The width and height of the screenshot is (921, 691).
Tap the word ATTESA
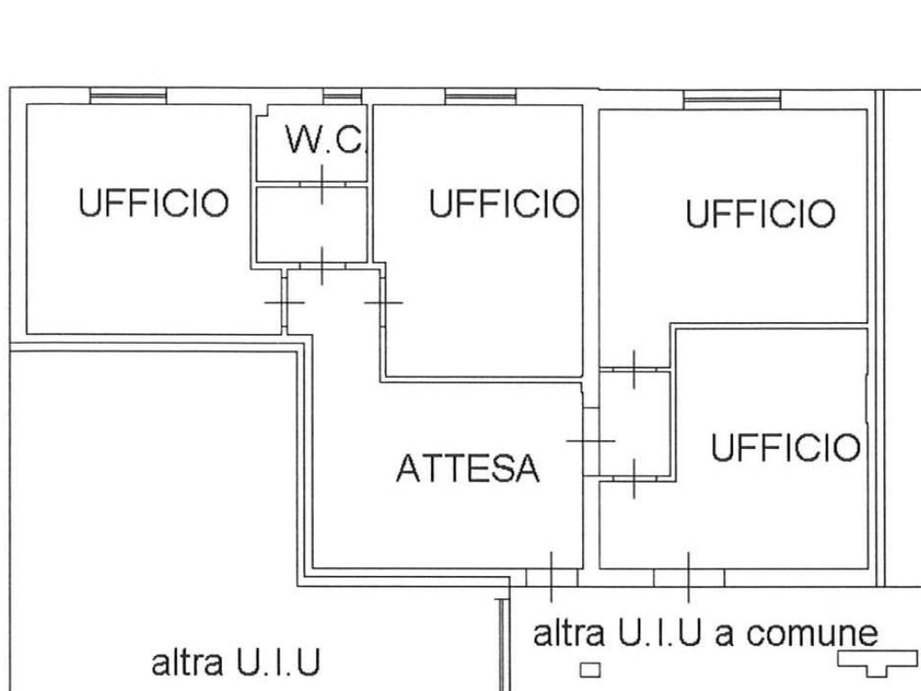click(x=468, y=468)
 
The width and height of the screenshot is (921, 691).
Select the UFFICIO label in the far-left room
click(x=153, y=202)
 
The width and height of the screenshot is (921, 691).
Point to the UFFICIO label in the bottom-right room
click(x=785, y=447)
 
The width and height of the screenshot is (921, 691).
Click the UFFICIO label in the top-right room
click(x=760, y=214)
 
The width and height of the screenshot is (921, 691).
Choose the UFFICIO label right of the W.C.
click(x=504, y=204)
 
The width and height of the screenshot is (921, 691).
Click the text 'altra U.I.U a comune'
click(x=705, y=633)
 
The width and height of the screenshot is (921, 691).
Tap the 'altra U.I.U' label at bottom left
click(x=236, y=664)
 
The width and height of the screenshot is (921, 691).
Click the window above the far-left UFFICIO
click(x=129, y=95)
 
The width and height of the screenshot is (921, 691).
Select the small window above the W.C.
click(x=342, y=95)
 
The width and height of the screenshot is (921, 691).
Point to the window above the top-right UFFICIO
click(x=731, y=99)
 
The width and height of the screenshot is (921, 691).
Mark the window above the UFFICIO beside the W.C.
click(x=480, y=95)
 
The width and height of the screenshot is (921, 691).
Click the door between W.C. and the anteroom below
click(x=322, y=184)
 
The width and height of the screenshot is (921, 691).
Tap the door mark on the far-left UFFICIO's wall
click(x=284, y=302)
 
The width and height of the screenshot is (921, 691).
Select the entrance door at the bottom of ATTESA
click(x=551, y=576)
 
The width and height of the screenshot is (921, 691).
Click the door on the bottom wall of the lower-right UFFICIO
click(x=689, y=576)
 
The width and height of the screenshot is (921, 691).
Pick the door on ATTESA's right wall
click(x=590, y=441)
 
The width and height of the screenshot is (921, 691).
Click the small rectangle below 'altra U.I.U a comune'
click(x=589, y=669)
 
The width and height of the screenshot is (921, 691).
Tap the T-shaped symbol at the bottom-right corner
click(x=870, y=662)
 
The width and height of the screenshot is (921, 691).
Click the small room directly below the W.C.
click(x=311, y=224)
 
